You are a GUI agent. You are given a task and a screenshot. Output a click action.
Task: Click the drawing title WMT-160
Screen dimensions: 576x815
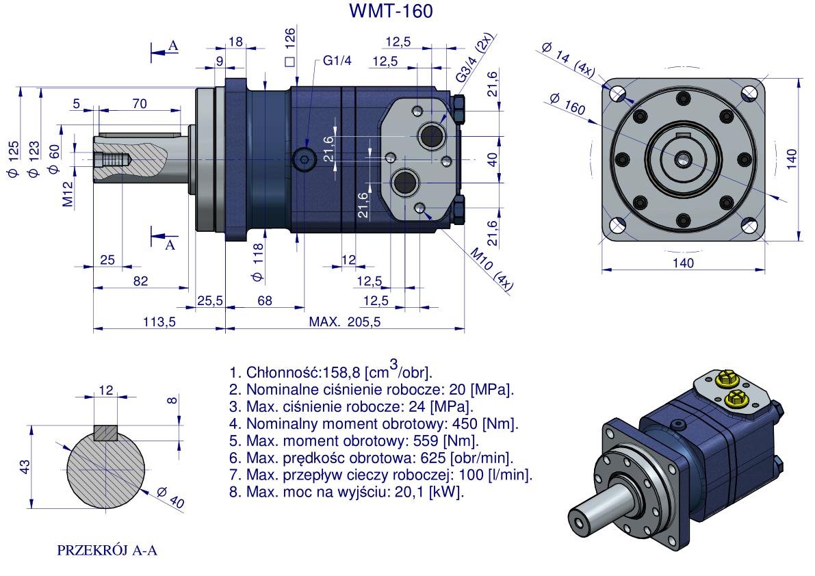click(x=391, y=12)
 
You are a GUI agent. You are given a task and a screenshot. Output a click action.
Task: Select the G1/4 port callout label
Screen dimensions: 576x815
click(x=337, y=61)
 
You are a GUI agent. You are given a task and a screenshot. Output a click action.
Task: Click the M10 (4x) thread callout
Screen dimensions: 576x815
click(x=491, y=270)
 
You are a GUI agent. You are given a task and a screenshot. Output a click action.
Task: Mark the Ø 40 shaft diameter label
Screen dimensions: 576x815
click(x=170, y=497)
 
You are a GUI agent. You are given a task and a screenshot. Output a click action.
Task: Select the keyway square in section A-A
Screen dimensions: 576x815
click(x=106, y=433)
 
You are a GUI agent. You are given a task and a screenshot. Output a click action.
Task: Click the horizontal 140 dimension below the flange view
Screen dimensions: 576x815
click(x=683, y=263)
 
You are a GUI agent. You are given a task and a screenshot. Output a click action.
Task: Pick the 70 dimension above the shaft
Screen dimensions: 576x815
click(x=140, y=104)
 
